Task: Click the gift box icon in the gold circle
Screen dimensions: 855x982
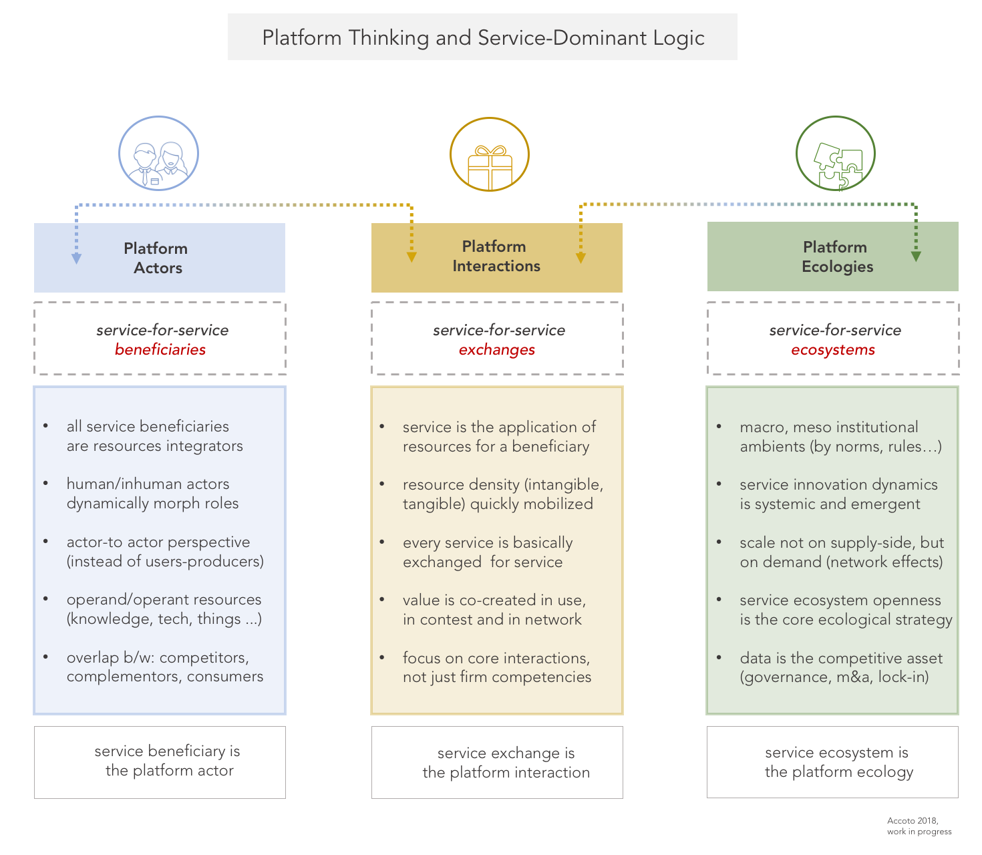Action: click(x=490, y=167)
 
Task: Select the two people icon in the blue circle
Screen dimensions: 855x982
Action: click(x=158, y=164)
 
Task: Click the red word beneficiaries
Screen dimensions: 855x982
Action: click(x=160, y=349)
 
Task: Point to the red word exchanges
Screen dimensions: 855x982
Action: click(x=496, y=349)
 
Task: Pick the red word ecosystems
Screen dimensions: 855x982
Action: click(x=833, y=349)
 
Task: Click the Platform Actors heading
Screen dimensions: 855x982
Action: click(x=156, y=258)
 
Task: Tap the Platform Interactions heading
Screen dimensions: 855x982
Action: click(x=496, y=256)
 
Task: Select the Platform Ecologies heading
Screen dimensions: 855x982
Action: click(x=836, y=256)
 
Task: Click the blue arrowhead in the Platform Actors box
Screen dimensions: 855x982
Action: click(x=77, y=259)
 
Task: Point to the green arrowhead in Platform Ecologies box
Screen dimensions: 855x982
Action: click(x=916, y=256)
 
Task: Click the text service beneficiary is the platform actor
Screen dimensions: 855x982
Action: click(x=168, y=761)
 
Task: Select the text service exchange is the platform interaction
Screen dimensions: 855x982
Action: click(x=506, y=763)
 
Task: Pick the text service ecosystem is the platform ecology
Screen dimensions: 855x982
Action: click(x=838, y=762)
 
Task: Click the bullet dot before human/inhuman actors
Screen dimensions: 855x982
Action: click(x=46, y=484)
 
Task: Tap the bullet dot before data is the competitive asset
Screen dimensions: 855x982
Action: click(x=719, y=658)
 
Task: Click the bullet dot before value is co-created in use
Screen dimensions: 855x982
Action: click(x=382, y=600)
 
